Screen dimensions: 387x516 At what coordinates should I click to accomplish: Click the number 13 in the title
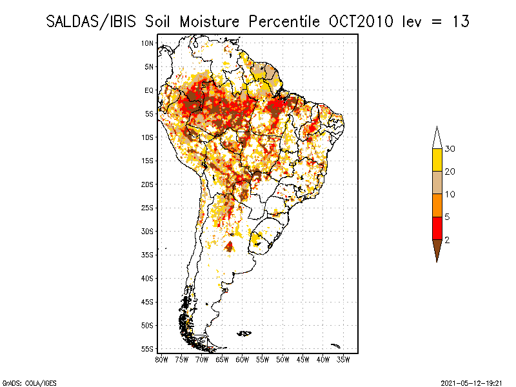pos(460,21)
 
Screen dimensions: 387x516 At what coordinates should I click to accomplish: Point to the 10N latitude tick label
pos(148,43)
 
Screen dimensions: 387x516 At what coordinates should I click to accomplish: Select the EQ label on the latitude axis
pos(149,90)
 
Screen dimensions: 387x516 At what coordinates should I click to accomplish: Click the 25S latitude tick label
pos(148,208)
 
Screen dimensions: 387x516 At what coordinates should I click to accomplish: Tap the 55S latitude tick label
pos(148,348)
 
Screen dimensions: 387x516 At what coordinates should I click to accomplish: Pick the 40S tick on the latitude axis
pos(148,278)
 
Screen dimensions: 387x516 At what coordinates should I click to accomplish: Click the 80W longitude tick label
pos(162,359)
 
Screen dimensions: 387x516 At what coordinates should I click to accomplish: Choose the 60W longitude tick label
pos(243,359)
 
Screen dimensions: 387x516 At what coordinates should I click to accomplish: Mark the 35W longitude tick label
pos(343,359)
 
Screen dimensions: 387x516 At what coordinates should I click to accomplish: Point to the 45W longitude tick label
pos(303,359)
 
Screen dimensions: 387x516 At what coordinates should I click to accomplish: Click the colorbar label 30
pos(451,149)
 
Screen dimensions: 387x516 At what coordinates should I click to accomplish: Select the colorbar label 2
pos(448,239)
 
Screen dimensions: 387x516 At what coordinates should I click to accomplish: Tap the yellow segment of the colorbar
pos(437,160)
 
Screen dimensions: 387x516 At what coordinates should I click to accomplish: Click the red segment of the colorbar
pos(437,228)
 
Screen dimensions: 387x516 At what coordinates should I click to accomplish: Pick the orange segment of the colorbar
pos(437,205)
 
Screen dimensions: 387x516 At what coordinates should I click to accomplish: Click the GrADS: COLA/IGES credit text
pos(20,382)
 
